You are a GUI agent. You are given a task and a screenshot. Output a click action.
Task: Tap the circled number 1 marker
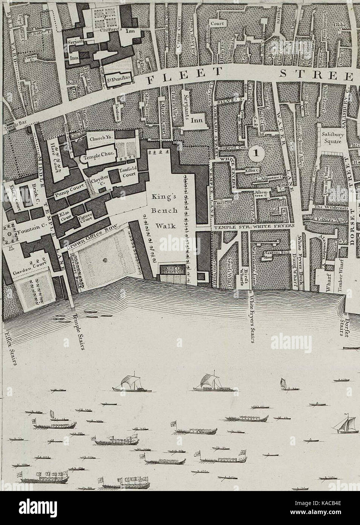tap(257, 153)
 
